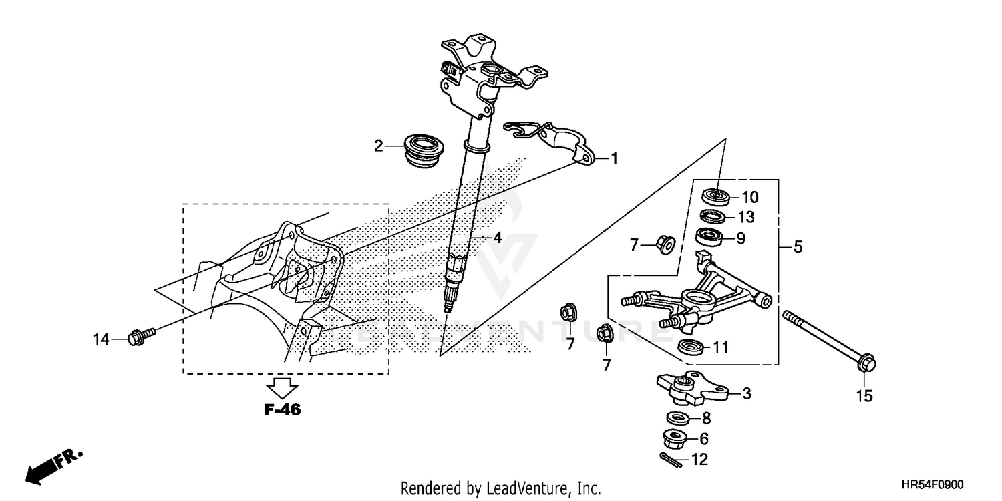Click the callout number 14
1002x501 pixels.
[x=100, y=340]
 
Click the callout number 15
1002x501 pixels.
[x=864, y=396]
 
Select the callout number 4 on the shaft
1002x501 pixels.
[x=497, y=237]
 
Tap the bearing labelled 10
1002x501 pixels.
[x=716, y=196]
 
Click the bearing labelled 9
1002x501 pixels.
[x=710, y=237]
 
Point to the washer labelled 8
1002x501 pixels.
[x=679, y=419]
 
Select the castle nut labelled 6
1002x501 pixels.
[x=676, y=439]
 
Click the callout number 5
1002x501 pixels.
[x=798, y=247]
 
